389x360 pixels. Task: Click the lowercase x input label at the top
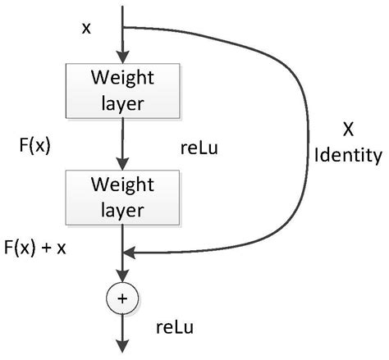(x=86, y=29)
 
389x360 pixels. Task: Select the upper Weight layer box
(x=122, y=90)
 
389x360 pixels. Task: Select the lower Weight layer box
(x=122, y=196)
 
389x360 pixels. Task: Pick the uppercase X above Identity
(x=349, y=130)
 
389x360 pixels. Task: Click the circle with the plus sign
(x=122, y=299)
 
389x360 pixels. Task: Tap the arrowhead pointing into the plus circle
(x=122, y=279)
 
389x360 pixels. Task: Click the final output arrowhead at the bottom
(x=122, y=349)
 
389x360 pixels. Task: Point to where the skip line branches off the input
(x=122, y=26)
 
